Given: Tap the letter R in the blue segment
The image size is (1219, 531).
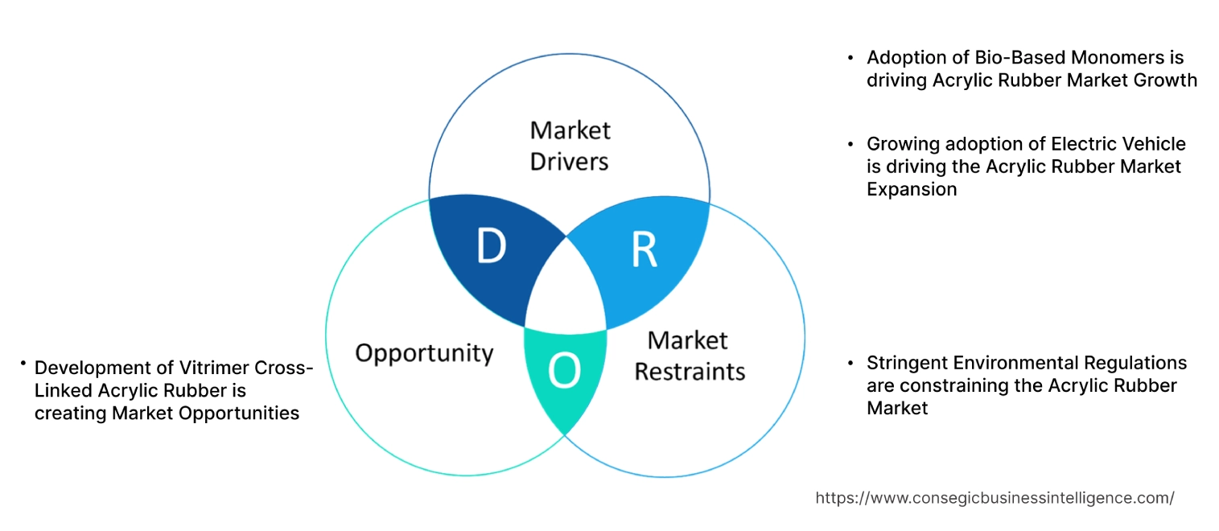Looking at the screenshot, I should point(644,250).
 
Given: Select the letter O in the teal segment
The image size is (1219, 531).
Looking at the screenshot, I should point(563,371).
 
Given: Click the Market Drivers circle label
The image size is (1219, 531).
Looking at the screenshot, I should point(570,146).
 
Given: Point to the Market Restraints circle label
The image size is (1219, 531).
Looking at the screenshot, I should point(690,356).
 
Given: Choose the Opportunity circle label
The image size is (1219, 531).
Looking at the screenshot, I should point(424,353).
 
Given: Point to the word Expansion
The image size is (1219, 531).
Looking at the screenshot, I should point(912,189).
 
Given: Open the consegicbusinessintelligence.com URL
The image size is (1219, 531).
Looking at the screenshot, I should point(995,498).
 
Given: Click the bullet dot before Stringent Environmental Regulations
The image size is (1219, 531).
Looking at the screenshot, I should point(851,364).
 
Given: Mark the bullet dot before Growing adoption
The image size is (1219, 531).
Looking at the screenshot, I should point(851,145).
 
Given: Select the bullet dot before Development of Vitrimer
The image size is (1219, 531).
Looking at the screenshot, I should point(24,365).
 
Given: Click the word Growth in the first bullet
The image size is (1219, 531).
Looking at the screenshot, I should point(1167,80).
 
